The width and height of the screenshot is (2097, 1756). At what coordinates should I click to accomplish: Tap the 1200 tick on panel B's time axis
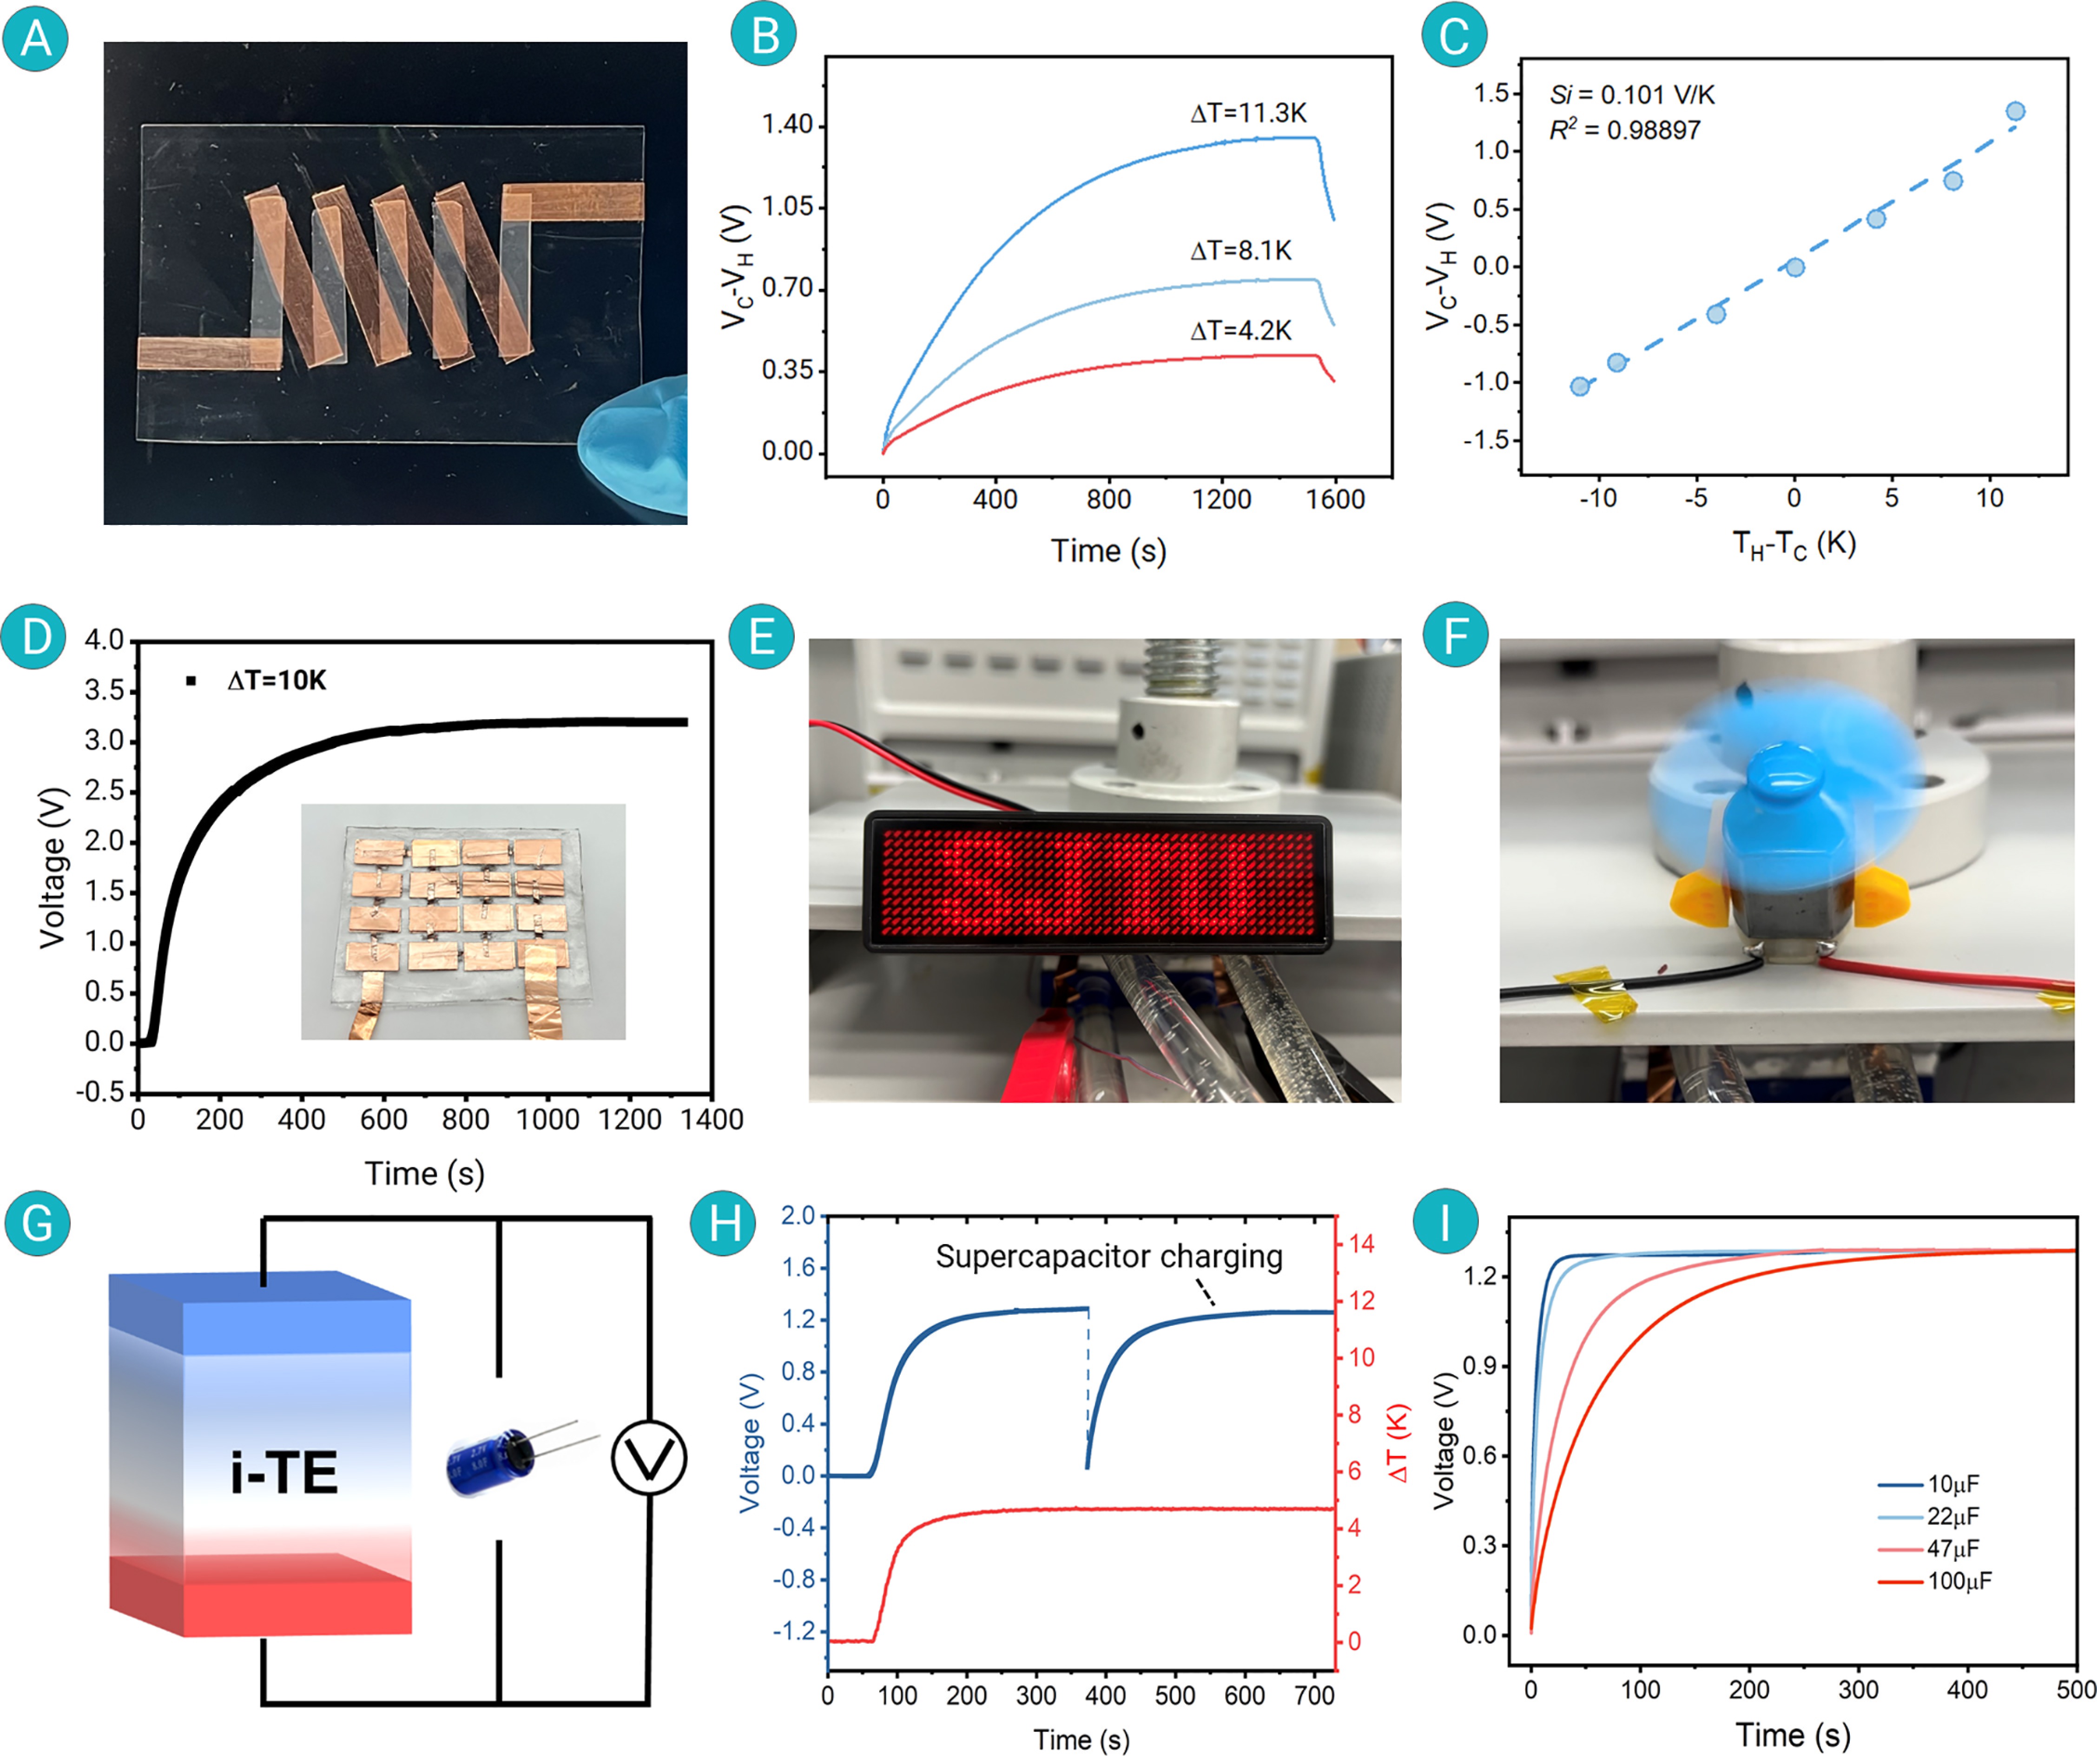[1221, 499]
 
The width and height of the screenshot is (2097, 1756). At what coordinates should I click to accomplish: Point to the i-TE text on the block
[284, 1473]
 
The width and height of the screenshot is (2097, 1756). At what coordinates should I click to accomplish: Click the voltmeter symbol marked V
[649, 1459]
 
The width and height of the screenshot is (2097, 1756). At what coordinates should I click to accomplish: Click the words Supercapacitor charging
[1108, 1256]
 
